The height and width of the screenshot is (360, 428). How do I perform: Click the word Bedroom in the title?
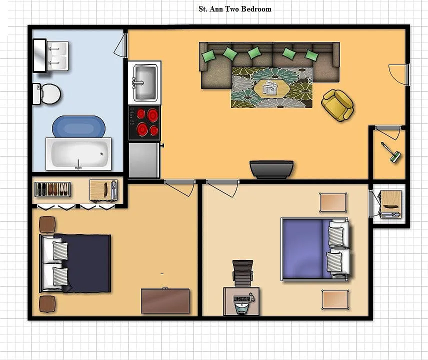tap(256, 9)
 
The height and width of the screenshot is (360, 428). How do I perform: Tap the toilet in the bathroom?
tap(46, 94)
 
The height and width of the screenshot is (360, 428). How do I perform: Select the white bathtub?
tap(78, 154)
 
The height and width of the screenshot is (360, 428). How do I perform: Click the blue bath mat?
tap(78, 126)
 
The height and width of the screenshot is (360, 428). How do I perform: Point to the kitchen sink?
tap(145, 82)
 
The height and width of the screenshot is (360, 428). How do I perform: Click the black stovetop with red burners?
tap(144, 123)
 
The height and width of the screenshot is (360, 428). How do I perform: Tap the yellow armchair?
tap(338, 105)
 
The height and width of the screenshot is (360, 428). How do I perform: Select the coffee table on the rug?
tap(271, 88)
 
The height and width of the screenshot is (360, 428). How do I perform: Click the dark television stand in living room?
tap(271, 169)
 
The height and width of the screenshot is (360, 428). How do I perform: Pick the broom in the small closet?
tap(391, 153)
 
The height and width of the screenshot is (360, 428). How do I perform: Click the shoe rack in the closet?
tap(52, 189)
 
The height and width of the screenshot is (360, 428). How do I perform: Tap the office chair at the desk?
tap(242, 273)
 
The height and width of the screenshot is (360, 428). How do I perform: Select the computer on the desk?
tap(242, 303)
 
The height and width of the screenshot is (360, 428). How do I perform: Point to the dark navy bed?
tap(75, 263)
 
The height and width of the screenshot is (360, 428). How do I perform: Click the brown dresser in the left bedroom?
tap(165, 301)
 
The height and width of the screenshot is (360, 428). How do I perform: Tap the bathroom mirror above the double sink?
tap(39, 55)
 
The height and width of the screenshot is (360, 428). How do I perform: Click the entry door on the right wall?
tap(399, 74)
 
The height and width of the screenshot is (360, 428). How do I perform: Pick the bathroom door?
tap(120, 45)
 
